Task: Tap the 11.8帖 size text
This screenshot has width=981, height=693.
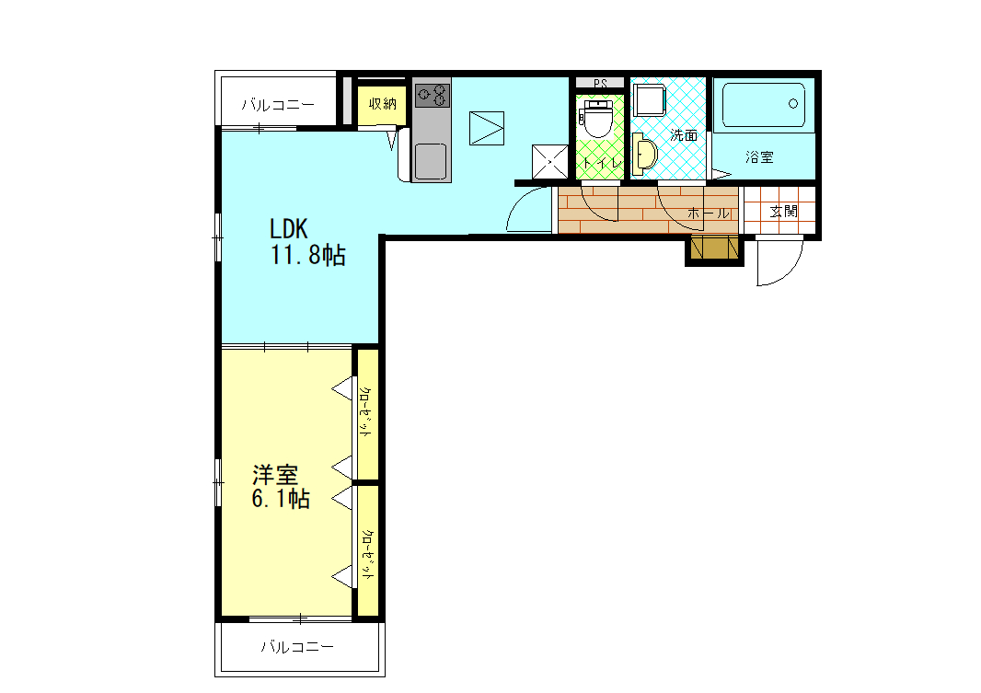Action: [307, 257]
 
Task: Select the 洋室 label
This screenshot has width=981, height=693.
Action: [275, 475]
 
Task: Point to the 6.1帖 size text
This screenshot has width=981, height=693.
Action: [280, 500]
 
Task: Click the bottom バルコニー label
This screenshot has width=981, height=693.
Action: [296, 647]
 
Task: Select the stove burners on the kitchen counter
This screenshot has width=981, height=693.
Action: [432, 94]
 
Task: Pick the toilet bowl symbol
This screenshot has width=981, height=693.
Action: [598, 120]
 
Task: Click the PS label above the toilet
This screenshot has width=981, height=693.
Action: [600, 83]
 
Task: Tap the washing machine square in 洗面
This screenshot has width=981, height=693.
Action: [652, 99]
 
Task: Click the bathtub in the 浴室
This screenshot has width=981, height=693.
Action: [764, 106]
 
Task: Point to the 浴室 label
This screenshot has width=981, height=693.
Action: [759, 157]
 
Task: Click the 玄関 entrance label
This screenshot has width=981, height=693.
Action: [783, 212]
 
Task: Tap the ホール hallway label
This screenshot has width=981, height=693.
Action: [709, 214]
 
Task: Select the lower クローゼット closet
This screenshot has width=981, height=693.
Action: [366, 550]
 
